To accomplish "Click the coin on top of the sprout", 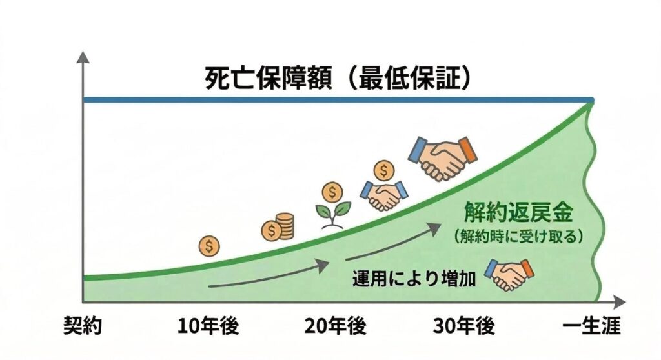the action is point(332,191).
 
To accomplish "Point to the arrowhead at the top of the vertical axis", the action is point(83,57).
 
